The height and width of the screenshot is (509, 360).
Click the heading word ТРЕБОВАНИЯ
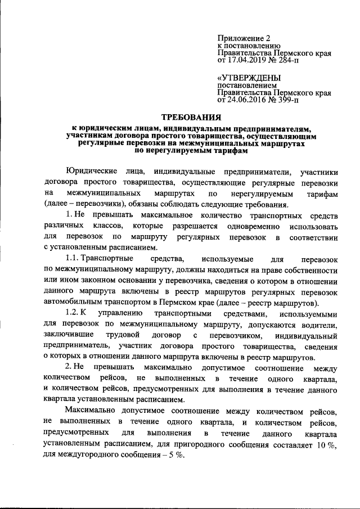point(191,118)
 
